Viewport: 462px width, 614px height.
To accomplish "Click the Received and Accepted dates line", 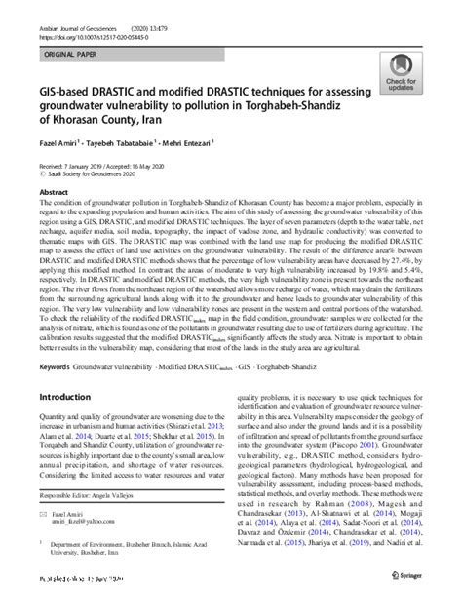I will coord(100,168).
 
